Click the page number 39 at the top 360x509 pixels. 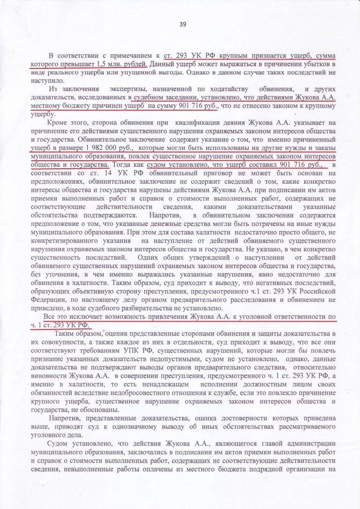pos(183,24)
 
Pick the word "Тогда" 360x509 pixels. pos(127,165)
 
